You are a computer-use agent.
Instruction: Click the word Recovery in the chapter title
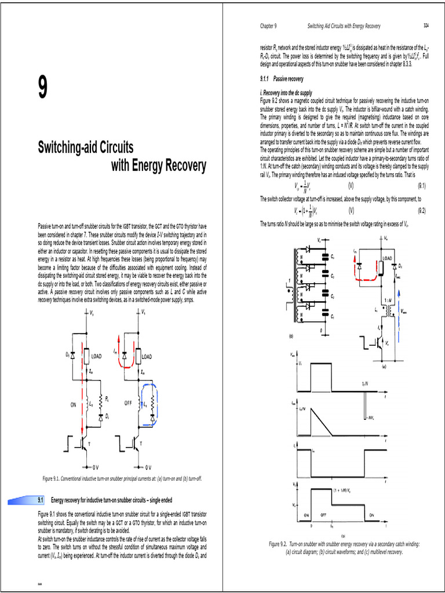(x=180, y=166)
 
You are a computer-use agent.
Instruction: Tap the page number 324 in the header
(x=425, y=26)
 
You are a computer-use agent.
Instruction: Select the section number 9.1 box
(x=41, y=499)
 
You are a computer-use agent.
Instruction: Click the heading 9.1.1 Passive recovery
(x=282, y=78)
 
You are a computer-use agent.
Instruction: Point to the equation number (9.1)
(x=421, y=186)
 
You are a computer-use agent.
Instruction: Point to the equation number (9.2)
(x=421, y=211)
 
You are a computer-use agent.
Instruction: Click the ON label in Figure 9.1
(x=74, y=405)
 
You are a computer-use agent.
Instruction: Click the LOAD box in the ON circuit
(x=93, y=356)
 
